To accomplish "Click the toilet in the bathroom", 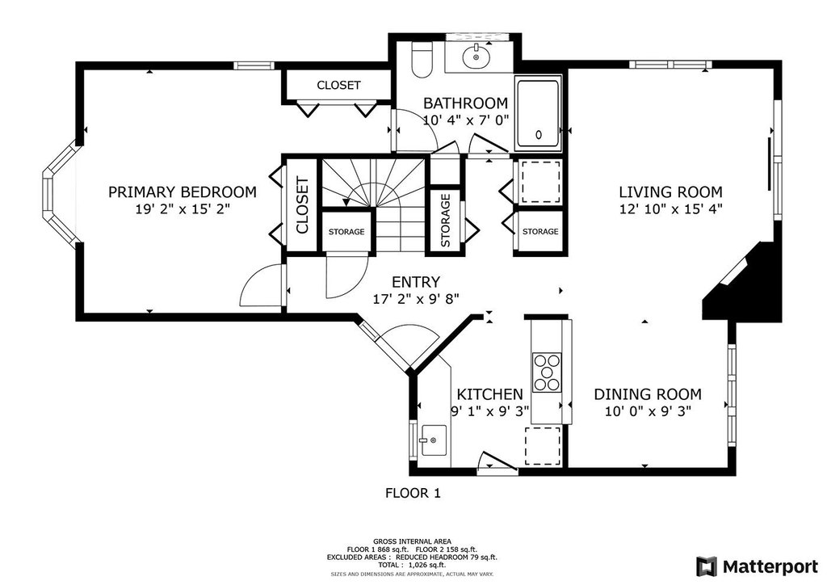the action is tap(422, 58).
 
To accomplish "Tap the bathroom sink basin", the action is tap(476, 57).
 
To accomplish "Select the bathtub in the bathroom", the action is tap(537, 113).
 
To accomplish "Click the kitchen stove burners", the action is tap(547, 372).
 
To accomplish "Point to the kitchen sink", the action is tap(434, 440).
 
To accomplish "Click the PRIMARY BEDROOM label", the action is tap(183, 192).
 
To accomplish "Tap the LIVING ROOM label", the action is tap(670, 192).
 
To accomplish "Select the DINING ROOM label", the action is tap(648, 394).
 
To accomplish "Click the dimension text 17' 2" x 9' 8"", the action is tap(416, 299).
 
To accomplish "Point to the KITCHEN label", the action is tap(489, 394).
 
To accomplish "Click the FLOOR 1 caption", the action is tap(413, 493).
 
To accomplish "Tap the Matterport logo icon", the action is tap(707, 566).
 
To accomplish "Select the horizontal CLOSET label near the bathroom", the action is tap(338, 85).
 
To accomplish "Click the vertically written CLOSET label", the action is tap(302, 206).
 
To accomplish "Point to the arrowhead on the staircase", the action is tap(346, 202).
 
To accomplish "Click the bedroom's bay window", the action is tap(59, 194).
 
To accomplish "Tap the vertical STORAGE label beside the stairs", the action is tap(446, 221).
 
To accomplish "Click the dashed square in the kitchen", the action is tap(543, 446).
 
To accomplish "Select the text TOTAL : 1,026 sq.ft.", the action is tap(412, 565).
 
